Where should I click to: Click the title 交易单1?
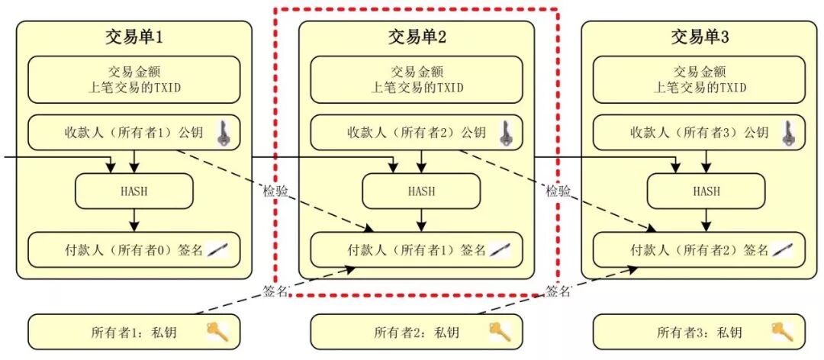click(134, 36)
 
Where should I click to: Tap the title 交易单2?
click(417, 36)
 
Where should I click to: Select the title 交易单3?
click(700, 36)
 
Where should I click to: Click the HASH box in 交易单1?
click(134, 191)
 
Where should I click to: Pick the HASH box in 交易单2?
click(420, 191)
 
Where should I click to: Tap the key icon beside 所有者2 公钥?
click(504, 133)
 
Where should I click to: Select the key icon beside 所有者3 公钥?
click(787, 133)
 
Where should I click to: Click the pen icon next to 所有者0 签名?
click(217, 249)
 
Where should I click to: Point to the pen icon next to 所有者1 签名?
click(501, 249)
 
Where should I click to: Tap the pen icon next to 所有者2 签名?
click(784, 249)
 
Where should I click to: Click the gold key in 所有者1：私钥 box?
click(214, 331)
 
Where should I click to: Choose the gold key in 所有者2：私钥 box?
click(499, 331)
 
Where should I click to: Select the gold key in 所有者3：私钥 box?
click(782, 331)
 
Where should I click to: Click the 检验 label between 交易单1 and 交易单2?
click(276, 191)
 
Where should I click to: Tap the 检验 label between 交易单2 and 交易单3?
click(558, 191)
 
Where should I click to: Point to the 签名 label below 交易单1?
click(275, 291)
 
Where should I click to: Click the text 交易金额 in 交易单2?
click(417, 72)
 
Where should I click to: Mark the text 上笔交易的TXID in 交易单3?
click(700, 88)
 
